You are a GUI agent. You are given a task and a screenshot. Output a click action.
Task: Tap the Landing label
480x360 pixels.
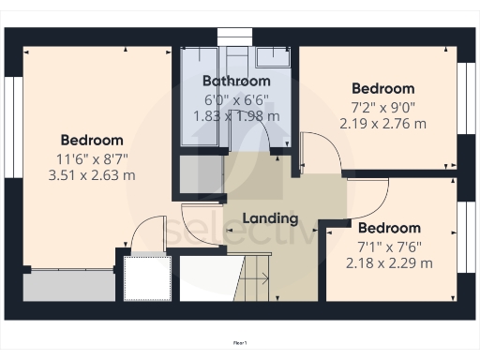pos(270,218)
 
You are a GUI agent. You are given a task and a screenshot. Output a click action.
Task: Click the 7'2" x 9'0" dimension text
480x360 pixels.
pos(382,107)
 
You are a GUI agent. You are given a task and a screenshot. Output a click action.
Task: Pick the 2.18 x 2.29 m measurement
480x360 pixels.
pos(388,262)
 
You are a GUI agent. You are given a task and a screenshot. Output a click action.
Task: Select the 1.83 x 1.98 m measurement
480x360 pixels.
pos(236,115)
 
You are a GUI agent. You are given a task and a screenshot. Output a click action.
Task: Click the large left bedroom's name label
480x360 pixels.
pos(92,140)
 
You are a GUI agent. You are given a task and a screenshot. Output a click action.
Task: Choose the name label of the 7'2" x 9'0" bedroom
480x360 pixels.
pos(382,89)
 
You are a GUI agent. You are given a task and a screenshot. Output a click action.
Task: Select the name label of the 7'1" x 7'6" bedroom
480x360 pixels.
pos(388,228)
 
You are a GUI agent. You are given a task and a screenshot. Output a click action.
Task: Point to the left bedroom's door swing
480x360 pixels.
pos(145,234)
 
